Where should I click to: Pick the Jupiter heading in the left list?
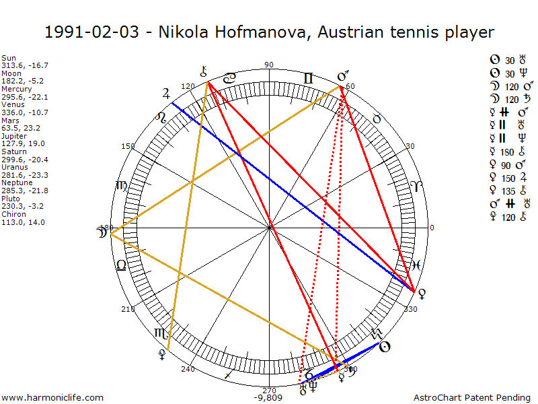[13, 135]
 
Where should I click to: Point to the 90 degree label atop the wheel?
[269, 65]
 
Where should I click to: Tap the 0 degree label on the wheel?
[432, 228]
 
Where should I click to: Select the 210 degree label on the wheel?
[128, 309]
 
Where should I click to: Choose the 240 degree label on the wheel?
[188, 369]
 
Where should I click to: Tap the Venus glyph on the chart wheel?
[421, 293]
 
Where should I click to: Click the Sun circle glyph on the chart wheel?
[384, 347]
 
